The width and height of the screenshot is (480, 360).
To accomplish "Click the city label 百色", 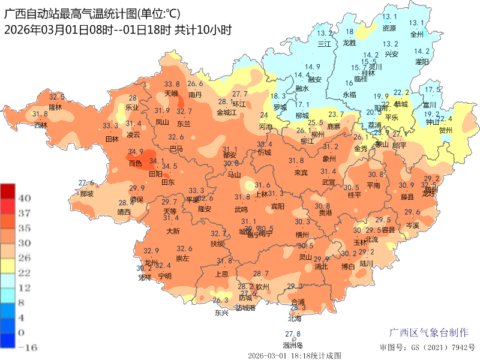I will (x=135, y=163).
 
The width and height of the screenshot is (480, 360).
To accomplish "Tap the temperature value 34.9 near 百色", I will (x=136, y=152).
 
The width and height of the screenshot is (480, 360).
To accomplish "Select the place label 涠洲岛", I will (x=293, y=345).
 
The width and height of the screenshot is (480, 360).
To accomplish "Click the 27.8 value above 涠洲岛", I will (x=293, y=334).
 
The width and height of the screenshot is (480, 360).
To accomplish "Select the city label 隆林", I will (x=56, y=107).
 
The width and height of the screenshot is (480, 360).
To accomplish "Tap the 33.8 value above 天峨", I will (x=172, y=84).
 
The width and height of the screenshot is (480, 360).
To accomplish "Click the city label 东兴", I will (x=221, y=312).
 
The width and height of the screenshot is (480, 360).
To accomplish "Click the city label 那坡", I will (x=86, y=194).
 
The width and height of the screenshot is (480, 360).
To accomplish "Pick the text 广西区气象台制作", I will (x=429, y=332).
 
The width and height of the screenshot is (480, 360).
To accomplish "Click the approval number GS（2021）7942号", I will (x=427, y=347).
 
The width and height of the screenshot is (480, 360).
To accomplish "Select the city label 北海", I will (x=294, y=319).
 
